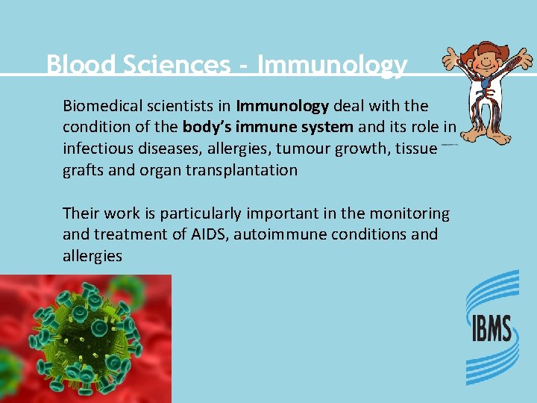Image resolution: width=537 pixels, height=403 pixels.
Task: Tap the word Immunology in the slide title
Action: click(x=332, y=65)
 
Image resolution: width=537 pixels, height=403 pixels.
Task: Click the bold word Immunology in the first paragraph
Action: click(x=283, y=106)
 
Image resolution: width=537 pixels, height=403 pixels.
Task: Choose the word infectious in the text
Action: click(x=95, y=148)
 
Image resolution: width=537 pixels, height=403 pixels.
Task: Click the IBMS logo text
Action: click(x=491, y=328)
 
